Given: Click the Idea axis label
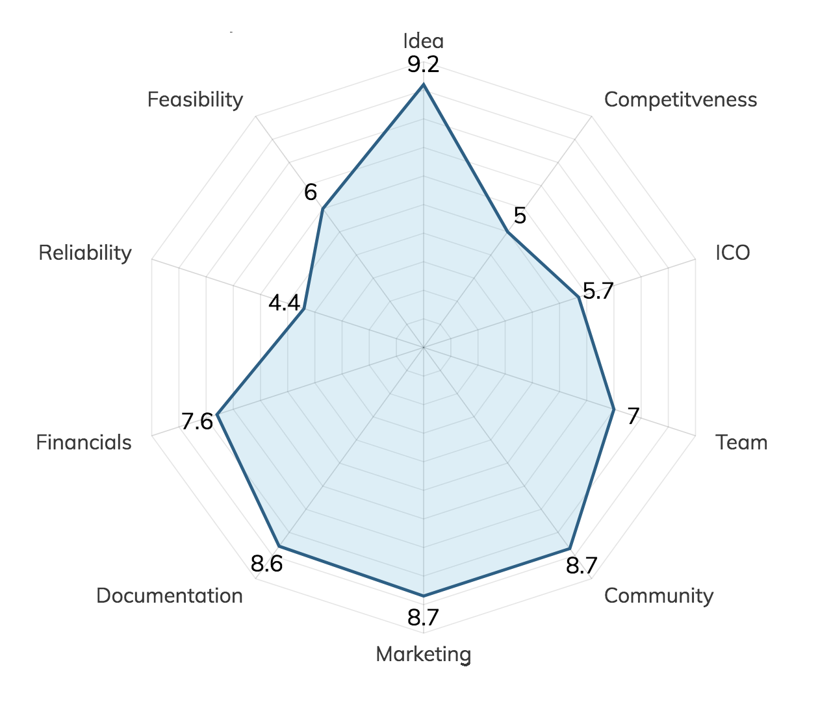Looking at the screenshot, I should (424, 41).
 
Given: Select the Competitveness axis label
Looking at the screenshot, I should (680, 99).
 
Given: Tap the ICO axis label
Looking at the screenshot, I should (733, 253).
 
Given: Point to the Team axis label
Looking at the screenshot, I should (741, 442).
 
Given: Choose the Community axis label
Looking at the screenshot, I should (658, 596).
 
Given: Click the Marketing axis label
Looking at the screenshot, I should (424, 654).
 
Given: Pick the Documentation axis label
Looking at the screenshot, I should (170, 596).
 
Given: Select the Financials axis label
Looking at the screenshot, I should (84, 442).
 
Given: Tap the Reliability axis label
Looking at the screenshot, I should (85, 253).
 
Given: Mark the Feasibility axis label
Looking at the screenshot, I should (195, 99).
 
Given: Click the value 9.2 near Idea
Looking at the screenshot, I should (424, 65).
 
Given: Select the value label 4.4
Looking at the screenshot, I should (285, 303).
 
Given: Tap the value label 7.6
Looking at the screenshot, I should (197, 422).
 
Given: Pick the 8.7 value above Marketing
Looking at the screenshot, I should (424, 618).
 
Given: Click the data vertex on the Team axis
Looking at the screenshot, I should (613, 409).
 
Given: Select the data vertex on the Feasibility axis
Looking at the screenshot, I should (322, 209).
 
